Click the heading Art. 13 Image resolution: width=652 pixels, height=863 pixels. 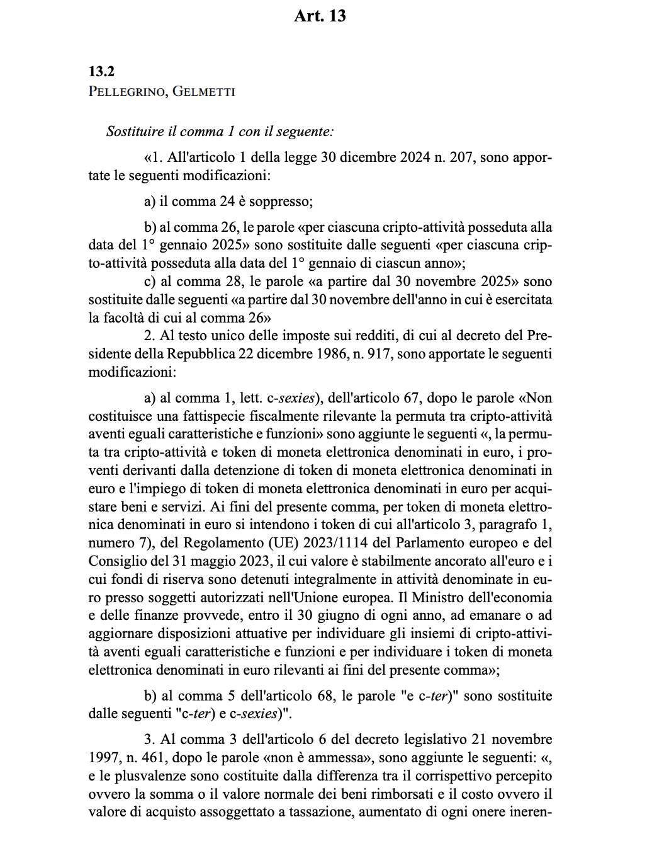click(x=320, y=16)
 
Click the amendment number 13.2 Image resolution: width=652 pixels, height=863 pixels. click(x=101, y=71)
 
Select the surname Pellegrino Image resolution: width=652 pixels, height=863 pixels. click(x=126, y=91)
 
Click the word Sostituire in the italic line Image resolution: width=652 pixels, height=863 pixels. click(x=134, y=132)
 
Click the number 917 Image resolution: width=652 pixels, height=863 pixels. click(x=378, y=354)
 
